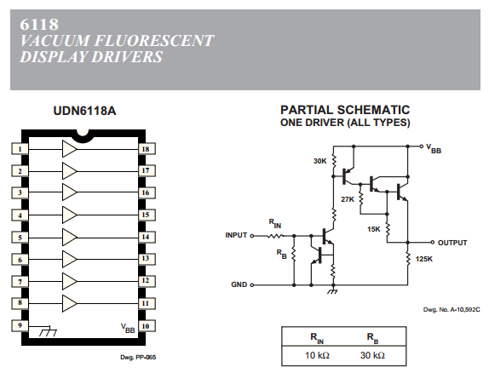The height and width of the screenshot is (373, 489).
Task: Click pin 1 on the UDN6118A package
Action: pos(20,149)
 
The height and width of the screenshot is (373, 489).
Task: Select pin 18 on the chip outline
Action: pos(147,149)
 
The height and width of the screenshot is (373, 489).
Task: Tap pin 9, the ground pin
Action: pos(20,325)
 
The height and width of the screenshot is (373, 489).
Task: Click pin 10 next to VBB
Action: pos(147,326)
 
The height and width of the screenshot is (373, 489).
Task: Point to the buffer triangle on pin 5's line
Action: pos(70,238)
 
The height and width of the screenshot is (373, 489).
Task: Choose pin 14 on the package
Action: pos(147,237)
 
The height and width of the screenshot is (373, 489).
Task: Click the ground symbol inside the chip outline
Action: pos(48,331)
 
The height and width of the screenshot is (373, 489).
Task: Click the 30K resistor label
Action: pos(320,161)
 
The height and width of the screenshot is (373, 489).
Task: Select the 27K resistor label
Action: pos(348,199)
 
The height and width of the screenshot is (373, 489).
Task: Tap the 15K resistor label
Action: pos(374,229)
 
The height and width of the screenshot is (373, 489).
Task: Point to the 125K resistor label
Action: pos(423,259)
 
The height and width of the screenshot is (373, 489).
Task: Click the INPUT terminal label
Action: pos(236,235)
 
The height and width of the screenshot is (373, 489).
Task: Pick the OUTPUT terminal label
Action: pos(452,243)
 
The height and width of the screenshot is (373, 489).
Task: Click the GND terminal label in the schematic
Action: pos(239,284)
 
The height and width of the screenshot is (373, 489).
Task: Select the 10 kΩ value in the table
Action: pos(317,355)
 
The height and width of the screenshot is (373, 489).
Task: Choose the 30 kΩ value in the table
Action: pos(372,355)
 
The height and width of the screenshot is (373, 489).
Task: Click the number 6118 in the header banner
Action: pos(39,25)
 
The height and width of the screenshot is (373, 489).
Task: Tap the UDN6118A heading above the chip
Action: pos(84,111)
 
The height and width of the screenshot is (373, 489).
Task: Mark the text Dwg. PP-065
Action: pos(138,357)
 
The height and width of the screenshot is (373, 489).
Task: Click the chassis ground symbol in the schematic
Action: pos(333,290)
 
